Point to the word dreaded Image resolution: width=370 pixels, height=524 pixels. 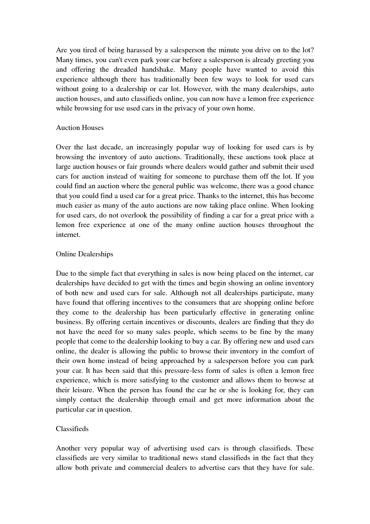(125, 70)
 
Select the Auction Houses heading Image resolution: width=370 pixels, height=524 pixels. (80, 128)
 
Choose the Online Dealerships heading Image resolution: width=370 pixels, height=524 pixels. (84, 254)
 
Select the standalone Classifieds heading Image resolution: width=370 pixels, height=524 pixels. (72, 429)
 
